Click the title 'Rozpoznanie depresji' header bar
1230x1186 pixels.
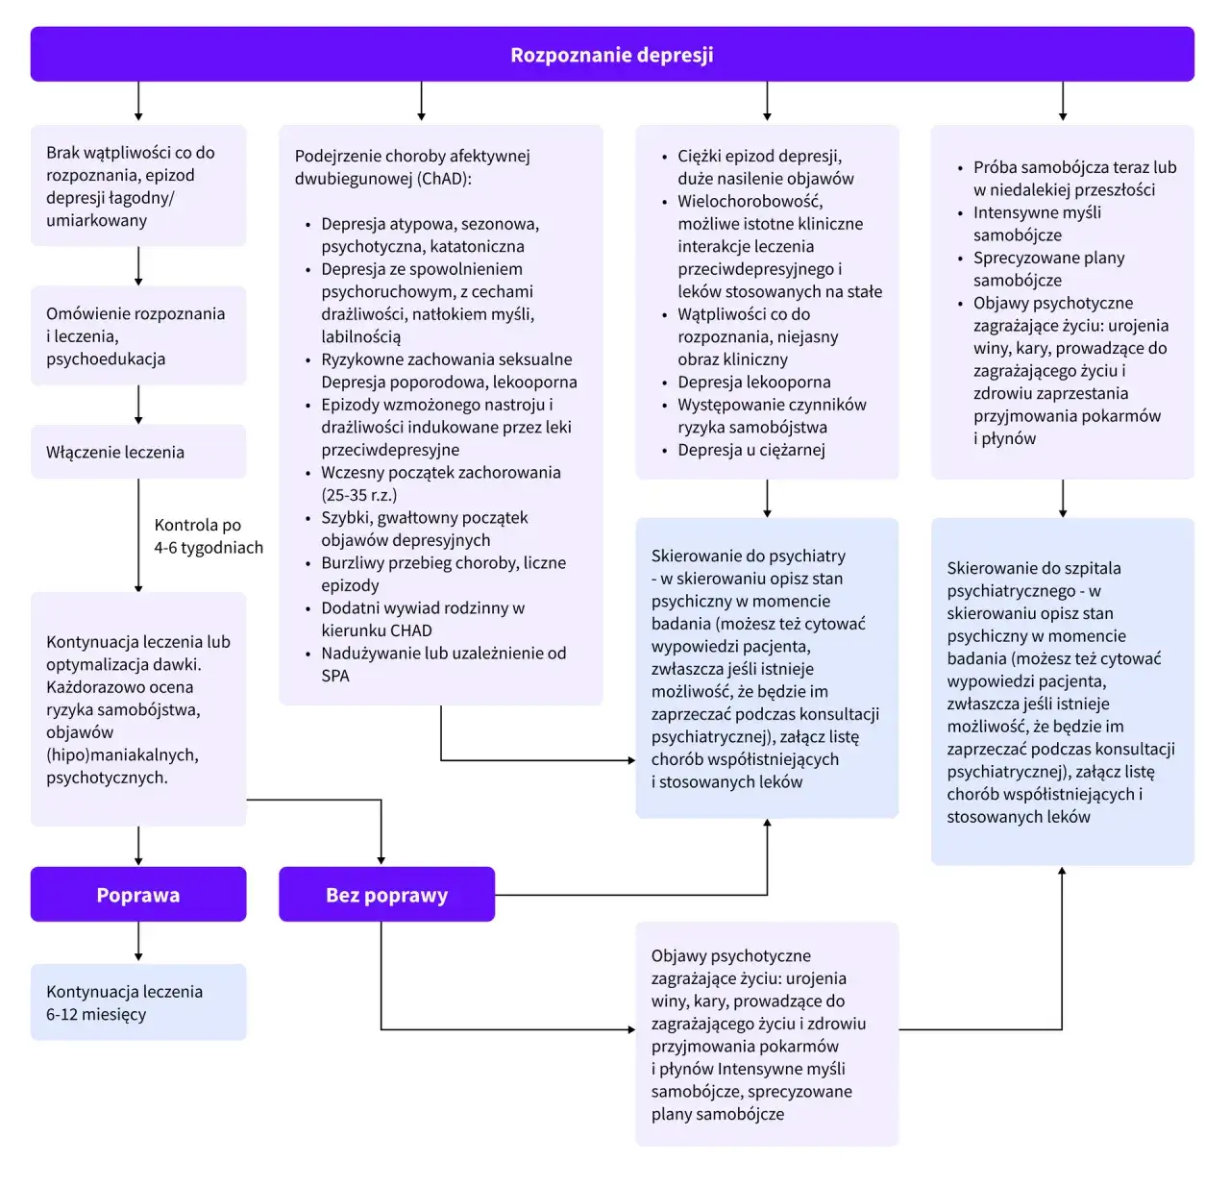pyautogui.click(x=612, y=55)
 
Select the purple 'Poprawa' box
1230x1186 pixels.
pyautogui.click(x=138, y=895)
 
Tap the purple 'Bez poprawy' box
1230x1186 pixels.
pyautogui.click(x=386, y=895)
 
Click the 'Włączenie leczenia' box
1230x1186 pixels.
pyautogui.click(x=138, y=452)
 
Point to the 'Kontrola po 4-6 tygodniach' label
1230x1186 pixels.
pyautogui.click(x=208, y=536)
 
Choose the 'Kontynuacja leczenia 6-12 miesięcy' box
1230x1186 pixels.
pyautogui.click(x=138, y=1002)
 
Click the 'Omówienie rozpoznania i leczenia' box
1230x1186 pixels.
pyautogui.click(x=138, y=336)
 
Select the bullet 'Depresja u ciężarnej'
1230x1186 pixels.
pyautogui.click(x=750, y=450)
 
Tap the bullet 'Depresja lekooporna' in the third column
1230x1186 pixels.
pyautogui.click(x=753, y=382)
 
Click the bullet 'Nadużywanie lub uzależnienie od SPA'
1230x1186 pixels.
pyautogui.click(x=443, y=664)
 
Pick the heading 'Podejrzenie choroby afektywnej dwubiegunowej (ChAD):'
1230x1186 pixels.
pyautogui.click(x=412, y=167)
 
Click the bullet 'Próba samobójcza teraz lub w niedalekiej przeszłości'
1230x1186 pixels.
pyautogui.click(x=1073, y=179)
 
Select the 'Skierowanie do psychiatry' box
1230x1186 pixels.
pyautogui.click(x=767, y=669)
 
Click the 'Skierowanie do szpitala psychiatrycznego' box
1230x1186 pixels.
pyautogui.click(x=1062, y=692)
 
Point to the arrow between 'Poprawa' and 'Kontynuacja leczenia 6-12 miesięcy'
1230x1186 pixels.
pyautogui.click(x=138, y=942)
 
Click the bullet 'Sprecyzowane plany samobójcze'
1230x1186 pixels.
pyautogui.click(x=1048, y=269)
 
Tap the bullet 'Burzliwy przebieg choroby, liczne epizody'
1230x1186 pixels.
pyautogui.click(x=443, y=574)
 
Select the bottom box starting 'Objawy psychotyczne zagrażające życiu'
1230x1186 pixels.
pyautogui.click(x=767, y=1034)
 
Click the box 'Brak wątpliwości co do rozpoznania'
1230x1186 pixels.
pyautogui.click(x=138, y=186)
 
